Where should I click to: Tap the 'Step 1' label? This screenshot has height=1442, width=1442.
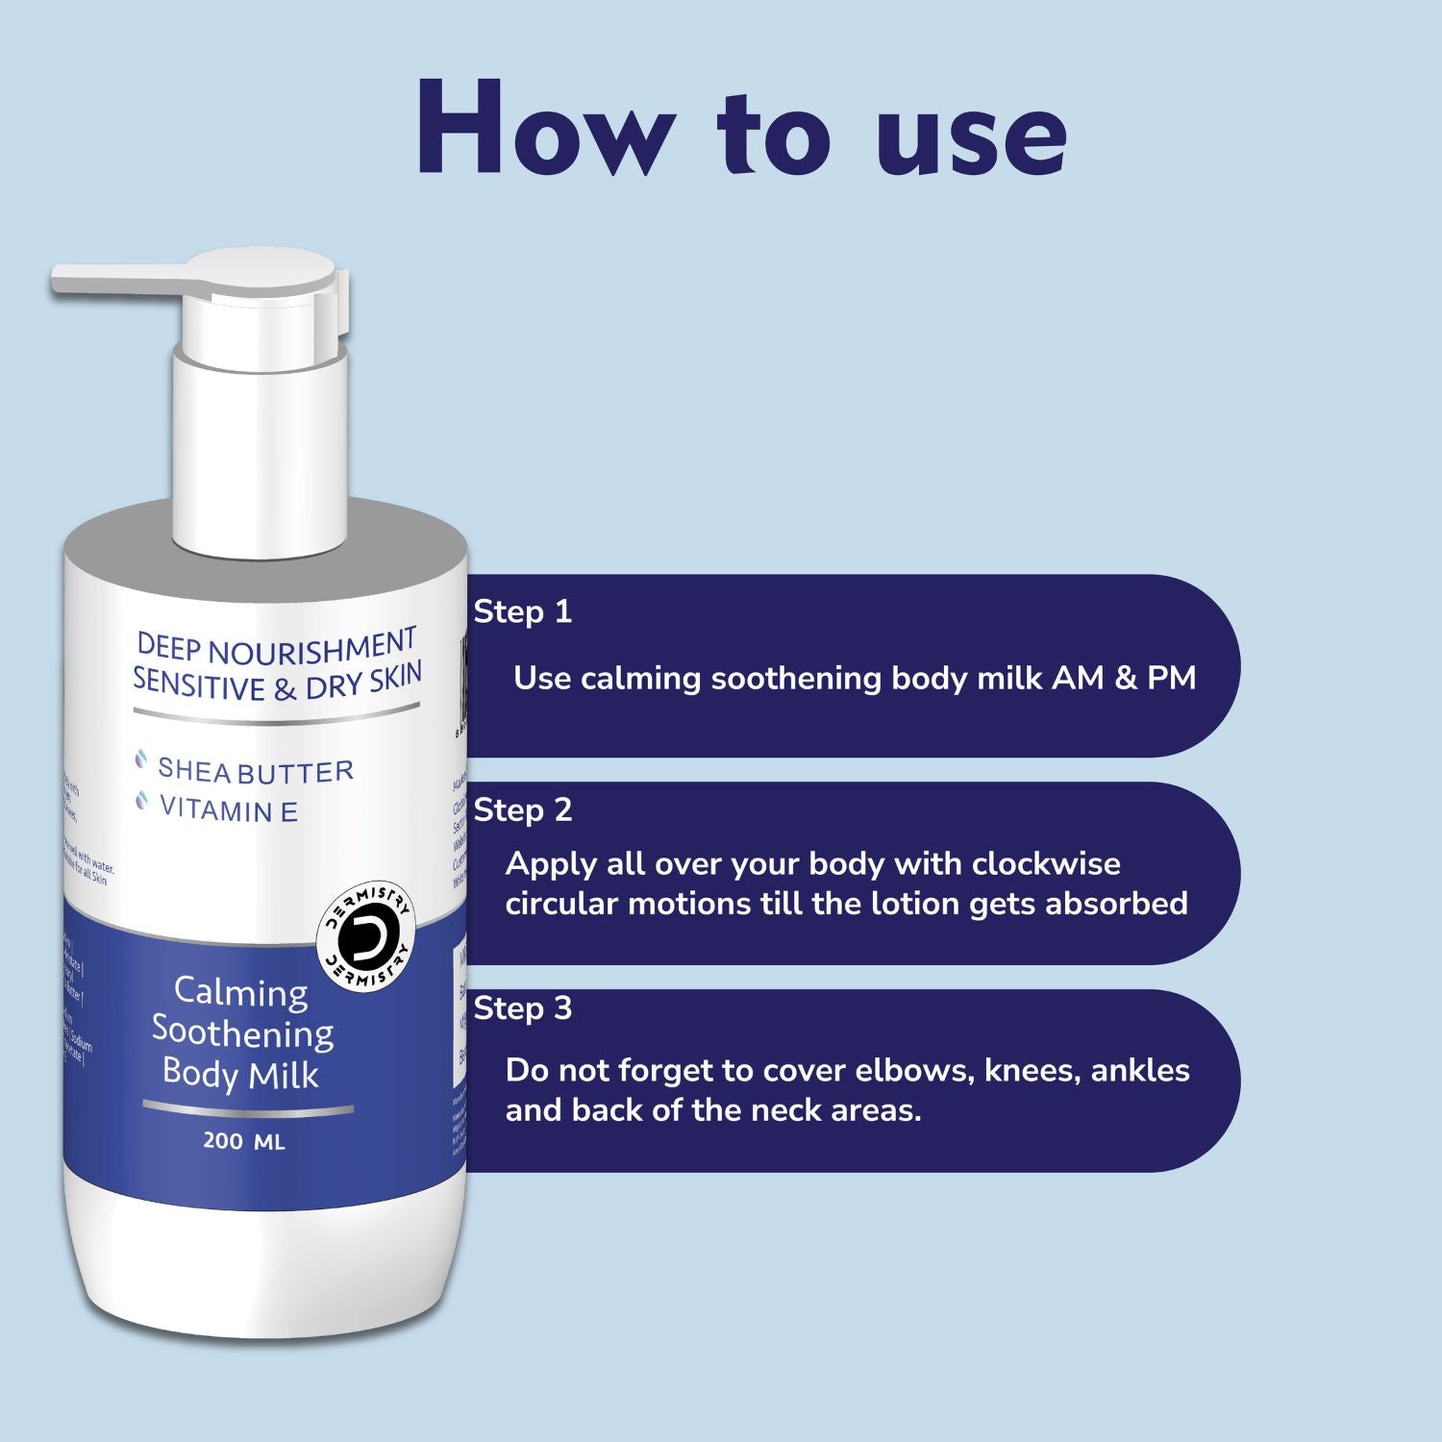pos(522,611)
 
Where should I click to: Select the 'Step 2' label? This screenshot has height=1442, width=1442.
pos(522,809)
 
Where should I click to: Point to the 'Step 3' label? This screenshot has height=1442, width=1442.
pos(522,1007)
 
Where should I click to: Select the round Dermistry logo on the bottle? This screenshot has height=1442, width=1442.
pos(367,932)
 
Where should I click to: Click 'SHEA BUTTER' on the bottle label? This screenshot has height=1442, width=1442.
pos(256,770)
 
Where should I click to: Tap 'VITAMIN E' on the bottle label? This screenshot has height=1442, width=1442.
pos(229,810)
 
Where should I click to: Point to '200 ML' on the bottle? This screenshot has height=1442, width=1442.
pos(244,1142)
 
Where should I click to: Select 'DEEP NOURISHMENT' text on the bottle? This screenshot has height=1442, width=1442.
pos(276,647)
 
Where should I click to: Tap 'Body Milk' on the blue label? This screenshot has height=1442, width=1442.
pos(240,1073)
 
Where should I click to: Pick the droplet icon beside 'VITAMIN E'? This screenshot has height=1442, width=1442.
pos(142,801)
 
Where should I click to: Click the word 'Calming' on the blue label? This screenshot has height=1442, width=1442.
pos(240,991)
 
